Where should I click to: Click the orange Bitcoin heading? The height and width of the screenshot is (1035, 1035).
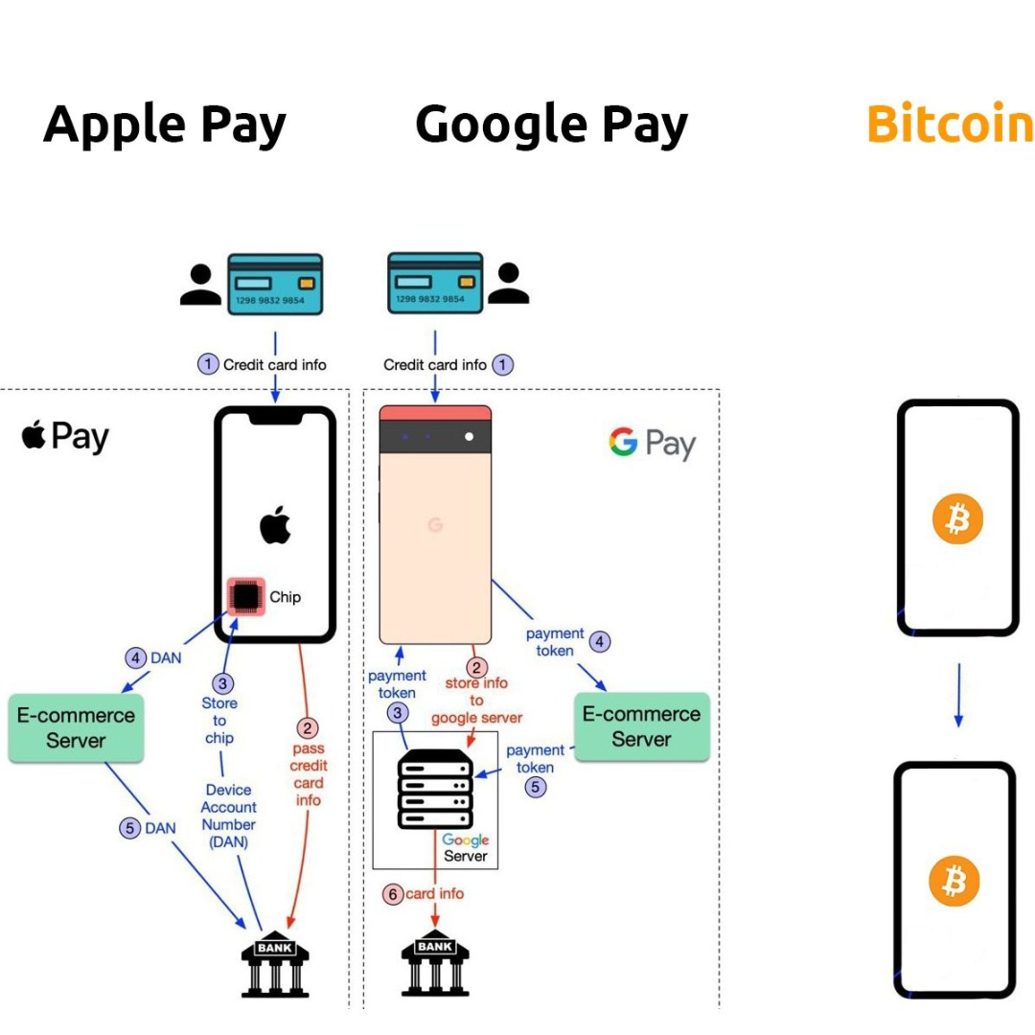tap(949, 125)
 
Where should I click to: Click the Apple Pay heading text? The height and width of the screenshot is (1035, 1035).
tap(165, 126)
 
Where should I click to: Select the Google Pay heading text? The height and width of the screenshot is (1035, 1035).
tap(551, 126)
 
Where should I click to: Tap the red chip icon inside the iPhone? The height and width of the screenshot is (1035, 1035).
tap(246, 597)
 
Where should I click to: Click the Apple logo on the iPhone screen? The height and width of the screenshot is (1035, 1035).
tap(275, 525)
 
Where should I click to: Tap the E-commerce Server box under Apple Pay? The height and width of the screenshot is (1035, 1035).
tap(76, 727)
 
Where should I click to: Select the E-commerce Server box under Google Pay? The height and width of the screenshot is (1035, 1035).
tap(641, 726)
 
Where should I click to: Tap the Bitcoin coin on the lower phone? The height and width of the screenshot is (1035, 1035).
tap(954, 880)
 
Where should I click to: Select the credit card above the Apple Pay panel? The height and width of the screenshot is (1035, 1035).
tap(275, 285)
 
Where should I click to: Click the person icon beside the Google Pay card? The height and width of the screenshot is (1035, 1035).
tap(508, 283)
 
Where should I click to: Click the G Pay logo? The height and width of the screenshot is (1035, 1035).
tap(652, 443)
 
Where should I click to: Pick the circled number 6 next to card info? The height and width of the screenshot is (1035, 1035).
tap(392, 894)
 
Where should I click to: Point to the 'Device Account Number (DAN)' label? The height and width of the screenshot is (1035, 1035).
tap(228, 816)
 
